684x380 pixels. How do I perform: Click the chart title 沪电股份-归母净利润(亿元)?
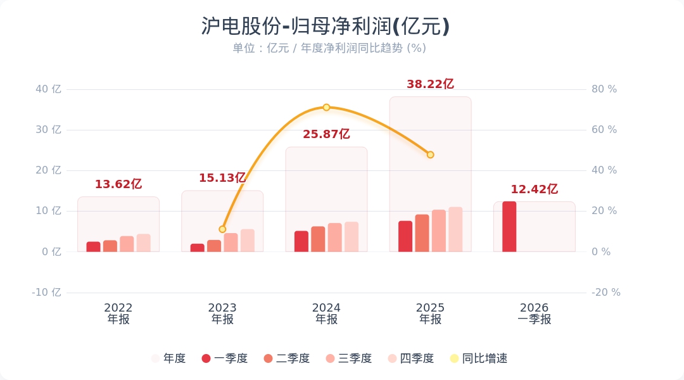point(326,27)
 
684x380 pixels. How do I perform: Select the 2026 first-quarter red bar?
point(509,227)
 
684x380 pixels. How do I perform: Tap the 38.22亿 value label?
point(430,84)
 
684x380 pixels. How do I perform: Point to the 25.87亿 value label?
point(326,134)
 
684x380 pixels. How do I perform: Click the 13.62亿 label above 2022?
point(118,184)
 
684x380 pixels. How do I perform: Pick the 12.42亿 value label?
point(534,189)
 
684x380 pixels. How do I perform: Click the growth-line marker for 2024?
point(326,108)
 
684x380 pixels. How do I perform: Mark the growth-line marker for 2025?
point(430,155)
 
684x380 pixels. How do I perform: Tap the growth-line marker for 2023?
point(222,229)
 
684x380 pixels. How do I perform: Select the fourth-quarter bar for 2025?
point(455,229)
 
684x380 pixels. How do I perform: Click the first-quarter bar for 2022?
point(93,246)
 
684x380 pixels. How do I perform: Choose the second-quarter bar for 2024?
point(318,239)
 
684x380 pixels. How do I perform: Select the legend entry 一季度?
point(224,358)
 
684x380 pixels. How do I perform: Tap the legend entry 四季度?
point(410,358)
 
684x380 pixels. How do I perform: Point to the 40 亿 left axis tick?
point(48,89)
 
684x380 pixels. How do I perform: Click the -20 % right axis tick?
point(606,293)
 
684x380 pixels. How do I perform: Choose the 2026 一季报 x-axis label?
point(534,313)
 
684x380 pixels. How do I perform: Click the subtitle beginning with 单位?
point(329,48)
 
